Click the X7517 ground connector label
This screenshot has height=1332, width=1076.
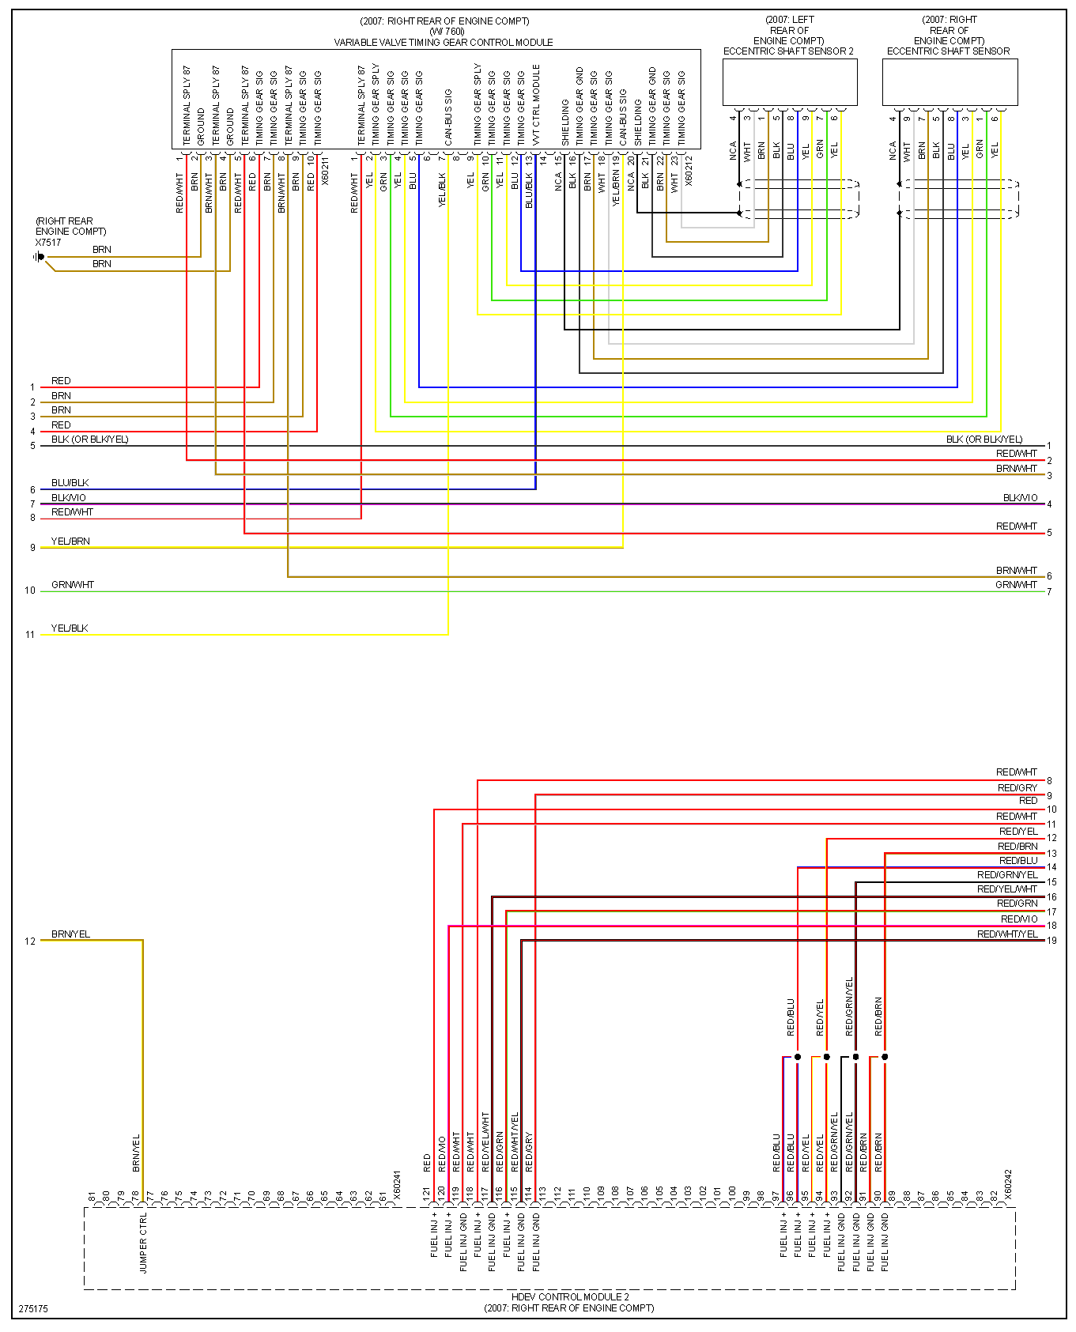[48, 243]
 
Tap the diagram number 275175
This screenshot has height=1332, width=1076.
[33, 1308]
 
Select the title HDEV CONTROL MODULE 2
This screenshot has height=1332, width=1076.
[569, 1296]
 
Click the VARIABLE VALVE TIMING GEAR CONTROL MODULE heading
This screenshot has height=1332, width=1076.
[444, 43]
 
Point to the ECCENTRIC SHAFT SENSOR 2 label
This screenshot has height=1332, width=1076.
[788, 51]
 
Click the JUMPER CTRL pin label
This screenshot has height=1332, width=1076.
[143, 1243]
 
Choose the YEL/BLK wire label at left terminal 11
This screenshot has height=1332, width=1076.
[70, 628]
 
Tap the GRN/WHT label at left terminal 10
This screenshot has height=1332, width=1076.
[73, 585]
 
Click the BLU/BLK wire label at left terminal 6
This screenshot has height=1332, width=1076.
[70, 483]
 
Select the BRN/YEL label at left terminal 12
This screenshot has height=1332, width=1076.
[70, 934]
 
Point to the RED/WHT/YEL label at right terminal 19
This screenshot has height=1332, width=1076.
[1007, 934]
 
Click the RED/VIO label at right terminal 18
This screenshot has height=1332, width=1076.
[1019, 919]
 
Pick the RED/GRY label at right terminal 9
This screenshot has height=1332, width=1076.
[1017, 788]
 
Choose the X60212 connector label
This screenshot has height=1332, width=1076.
[689, 171]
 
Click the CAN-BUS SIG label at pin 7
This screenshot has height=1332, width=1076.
[448, 116]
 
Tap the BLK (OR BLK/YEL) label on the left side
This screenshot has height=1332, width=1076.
[89, 440]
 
